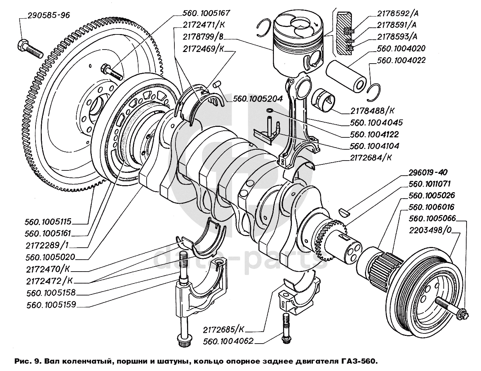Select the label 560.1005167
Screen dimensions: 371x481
click(x=206, y=13)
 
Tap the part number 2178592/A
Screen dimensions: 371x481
click(x=397, y=14)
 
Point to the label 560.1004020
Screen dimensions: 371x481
click(x=401, y=48)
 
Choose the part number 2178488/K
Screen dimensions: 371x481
click(x=372, y=111)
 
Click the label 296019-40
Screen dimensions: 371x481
click(x=428, y=173)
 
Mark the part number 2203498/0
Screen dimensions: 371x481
click(x=430, y=230)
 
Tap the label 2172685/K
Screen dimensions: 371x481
click(x=223, y=330)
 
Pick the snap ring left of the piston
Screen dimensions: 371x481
click(x=263, y=28)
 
